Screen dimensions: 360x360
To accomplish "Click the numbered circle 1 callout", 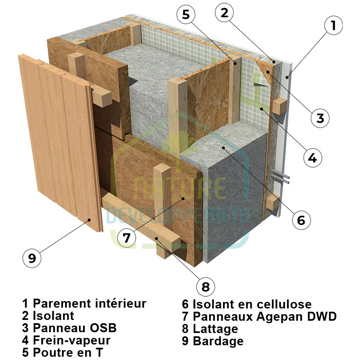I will pos(334,26).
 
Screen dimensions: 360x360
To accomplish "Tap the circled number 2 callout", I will pos(224,13).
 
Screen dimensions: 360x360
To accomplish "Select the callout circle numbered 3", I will pos(320,118).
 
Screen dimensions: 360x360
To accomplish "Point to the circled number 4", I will pos(312,158).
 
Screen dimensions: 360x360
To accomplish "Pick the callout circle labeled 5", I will pos(186,16).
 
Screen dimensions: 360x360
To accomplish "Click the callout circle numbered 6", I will pos(301,220).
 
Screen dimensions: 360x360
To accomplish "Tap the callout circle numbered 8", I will pos(205,287).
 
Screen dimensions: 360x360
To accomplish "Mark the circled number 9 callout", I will pos(32,258).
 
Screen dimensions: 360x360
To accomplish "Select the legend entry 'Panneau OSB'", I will pos(74,328).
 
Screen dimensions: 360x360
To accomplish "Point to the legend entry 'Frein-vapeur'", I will pos(72,340).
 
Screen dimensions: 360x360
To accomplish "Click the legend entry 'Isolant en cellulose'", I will pos(252,304).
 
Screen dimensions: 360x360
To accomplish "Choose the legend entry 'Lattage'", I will pos(215,328).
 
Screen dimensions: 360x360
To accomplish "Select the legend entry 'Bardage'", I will pos(218,341).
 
